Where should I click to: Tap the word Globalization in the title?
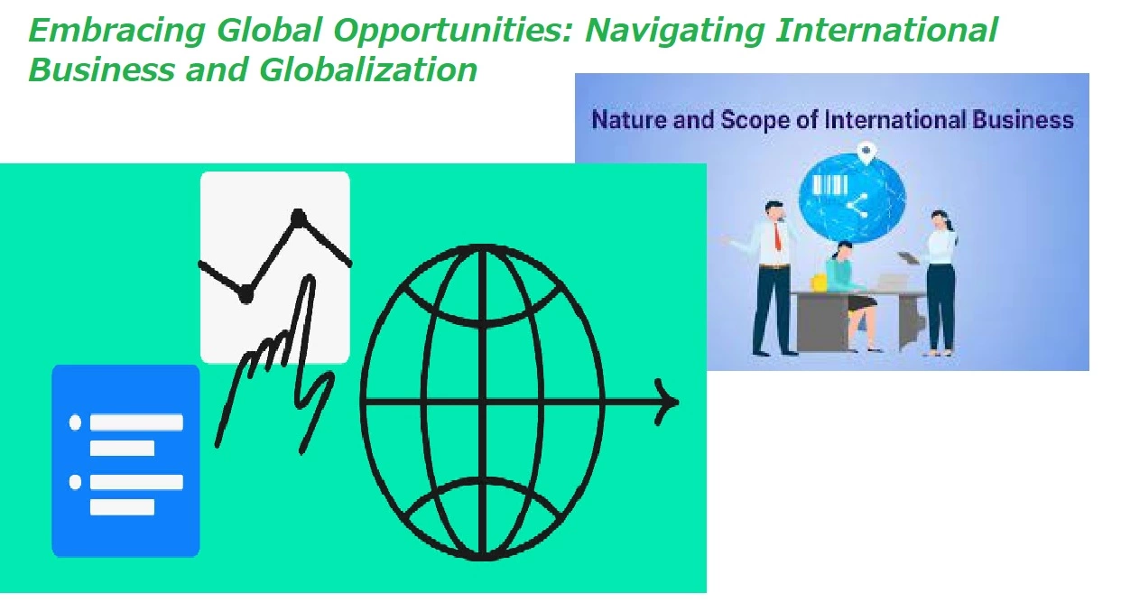368,70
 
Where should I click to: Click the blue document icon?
125,460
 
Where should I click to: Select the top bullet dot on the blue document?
75,422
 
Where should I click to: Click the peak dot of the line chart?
298,218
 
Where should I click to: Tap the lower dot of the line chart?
246,295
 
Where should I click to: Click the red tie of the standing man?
777,236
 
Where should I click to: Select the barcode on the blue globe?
830,185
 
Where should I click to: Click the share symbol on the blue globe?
857,206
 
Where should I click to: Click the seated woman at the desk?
852,295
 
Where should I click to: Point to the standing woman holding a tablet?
940,283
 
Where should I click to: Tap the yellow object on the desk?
820,283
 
